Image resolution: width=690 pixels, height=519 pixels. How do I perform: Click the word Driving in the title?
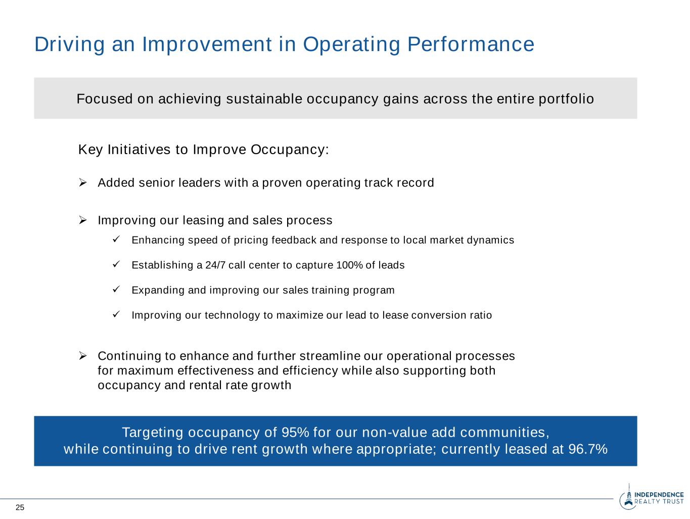pyautogui.click(x=69, y=44)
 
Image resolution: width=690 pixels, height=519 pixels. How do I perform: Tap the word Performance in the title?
pyautogui.click(x=471, y=44)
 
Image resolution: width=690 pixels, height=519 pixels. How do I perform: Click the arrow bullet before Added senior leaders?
pyautogui.click(x=83, y=182)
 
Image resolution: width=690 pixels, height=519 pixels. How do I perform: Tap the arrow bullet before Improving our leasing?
pyautogui.click(x=83, y=220)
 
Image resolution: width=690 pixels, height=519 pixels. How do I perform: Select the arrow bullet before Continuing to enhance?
pyautogui.click(x=83, y=356)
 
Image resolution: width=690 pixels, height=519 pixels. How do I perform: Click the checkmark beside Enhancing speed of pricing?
pyautogui.click(x=116, y=240)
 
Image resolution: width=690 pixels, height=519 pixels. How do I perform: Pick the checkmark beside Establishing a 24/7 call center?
pyautogui.click(x=116, y=264)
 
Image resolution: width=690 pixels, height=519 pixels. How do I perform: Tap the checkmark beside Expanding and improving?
pyautogui.click(x=116, y=290)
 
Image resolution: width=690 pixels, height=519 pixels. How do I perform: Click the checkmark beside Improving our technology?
pyautogui.click(x=116, y=314)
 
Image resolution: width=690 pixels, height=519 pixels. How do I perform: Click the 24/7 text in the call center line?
pyautogui.click(x=215, y=265)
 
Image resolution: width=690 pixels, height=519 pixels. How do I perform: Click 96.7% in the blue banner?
pyautogui.click(x=588, y=449)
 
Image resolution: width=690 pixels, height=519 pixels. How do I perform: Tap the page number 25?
pyautogui.click(x=20, y=508)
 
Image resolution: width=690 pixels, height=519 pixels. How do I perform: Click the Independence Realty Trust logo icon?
pyautogui.click(x=627, y=500)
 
